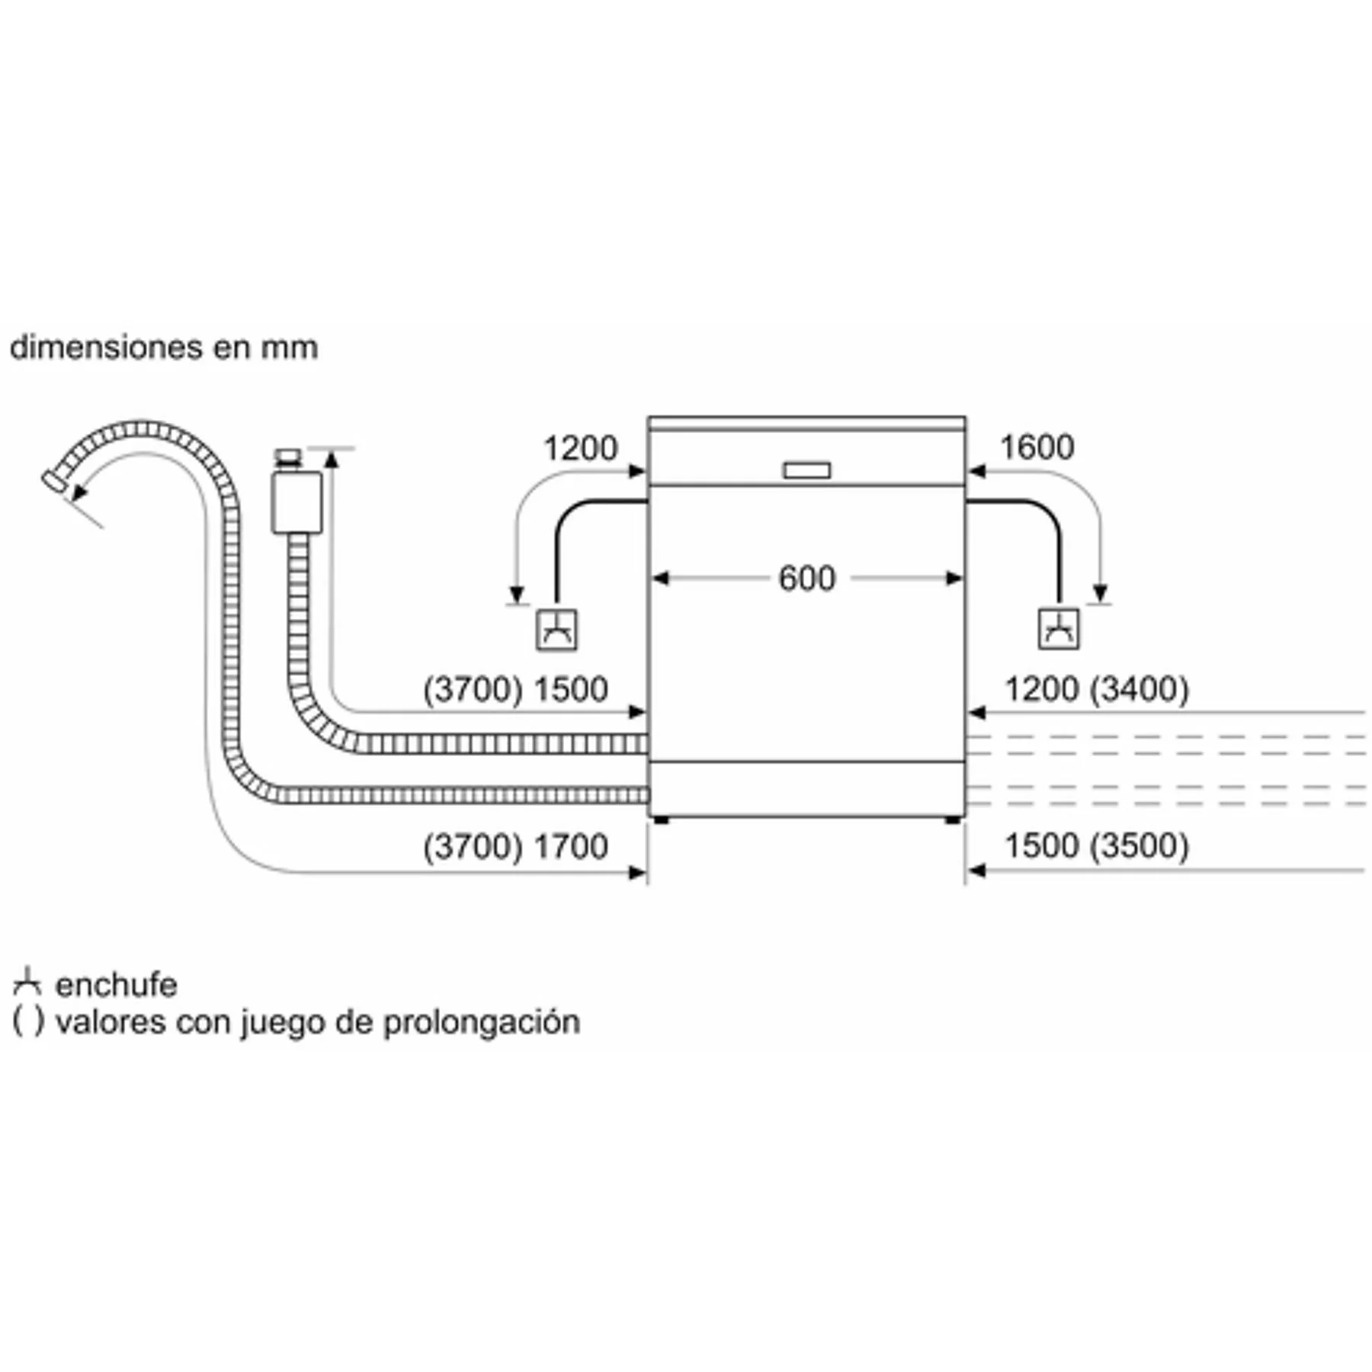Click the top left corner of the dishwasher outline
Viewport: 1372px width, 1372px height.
coord(648,417)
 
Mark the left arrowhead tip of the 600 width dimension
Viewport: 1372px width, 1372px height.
coord(653,579)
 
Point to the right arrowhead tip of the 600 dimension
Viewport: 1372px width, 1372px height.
coord(962,579)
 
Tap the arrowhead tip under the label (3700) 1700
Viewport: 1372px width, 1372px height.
coord(647,872)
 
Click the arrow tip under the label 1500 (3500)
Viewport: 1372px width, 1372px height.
coord(966,870)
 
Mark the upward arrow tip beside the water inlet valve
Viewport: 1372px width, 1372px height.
coord(332,450)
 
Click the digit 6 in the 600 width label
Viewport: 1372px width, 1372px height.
coord(788,579)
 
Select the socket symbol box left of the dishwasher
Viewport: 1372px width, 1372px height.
coord(556,630)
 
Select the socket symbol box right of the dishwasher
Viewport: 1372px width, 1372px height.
coord(1059,630)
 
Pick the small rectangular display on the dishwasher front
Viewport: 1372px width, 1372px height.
coord(807,471)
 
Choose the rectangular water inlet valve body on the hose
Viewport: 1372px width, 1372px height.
coord(297,503)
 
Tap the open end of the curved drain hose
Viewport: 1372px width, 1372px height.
coord(53,482)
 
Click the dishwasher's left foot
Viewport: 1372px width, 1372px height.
coord(661,820)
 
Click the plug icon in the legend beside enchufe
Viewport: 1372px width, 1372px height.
coord(27,983)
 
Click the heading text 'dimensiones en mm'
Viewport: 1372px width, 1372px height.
coord(164,348)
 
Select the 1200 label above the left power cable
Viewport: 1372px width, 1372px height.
coord(580,448)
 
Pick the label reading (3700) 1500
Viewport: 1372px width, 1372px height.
coord(515,690)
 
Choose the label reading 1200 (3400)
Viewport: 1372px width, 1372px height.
coord(1097,690)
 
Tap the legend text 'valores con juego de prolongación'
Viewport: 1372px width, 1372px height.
coord(318,1022)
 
